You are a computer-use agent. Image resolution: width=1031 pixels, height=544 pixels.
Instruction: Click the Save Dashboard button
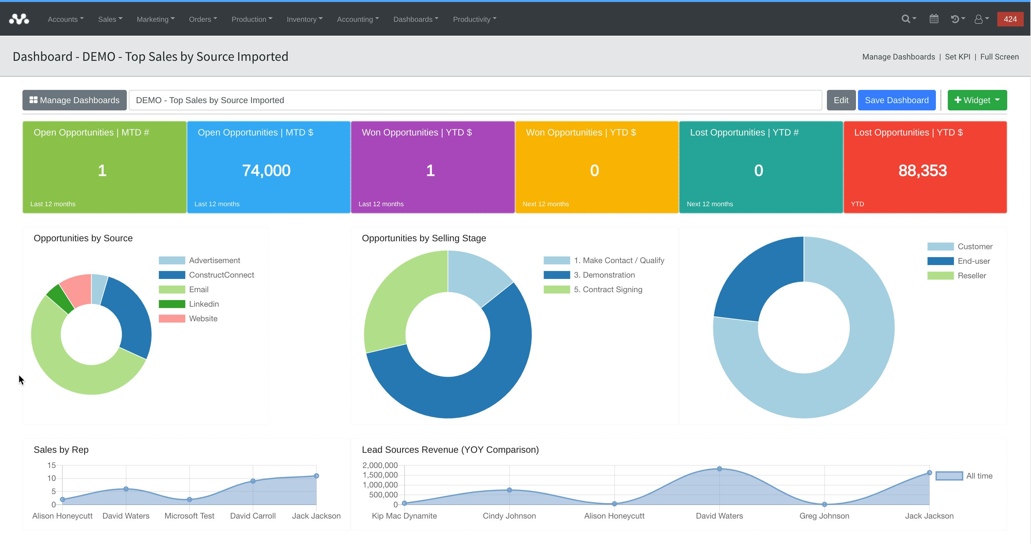point(896,100)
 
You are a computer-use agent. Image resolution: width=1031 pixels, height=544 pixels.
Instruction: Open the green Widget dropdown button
point(977,100)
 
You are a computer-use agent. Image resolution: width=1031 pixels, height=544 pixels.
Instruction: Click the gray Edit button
point(840,100)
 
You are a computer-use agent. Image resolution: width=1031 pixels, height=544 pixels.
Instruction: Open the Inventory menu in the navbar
point(304,19)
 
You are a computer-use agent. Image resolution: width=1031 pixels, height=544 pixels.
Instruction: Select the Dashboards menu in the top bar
point(415,19)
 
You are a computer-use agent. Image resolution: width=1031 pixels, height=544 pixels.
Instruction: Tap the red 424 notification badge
point(1010,19)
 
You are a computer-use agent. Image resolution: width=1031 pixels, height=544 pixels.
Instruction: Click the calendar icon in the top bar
point(934,19)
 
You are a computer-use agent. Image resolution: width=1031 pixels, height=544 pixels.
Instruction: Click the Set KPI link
point(957,57)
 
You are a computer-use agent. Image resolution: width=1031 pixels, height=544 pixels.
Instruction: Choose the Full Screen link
point(999,57)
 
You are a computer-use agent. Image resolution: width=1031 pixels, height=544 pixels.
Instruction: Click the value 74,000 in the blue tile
point(266,171)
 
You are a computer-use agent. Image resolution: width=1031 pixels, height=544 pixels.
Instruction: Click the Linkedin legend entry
point(203,304)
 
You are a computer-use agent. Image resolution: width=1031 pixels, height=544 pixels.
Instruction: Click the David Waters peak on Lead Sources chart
point(719,469)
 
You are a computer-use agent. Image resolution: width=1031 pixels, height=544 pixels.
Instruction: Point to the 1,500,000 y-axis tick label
point(380,475)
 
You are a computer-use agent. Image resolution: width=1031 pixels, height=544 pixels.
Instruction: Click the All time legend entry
point(978,476)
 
